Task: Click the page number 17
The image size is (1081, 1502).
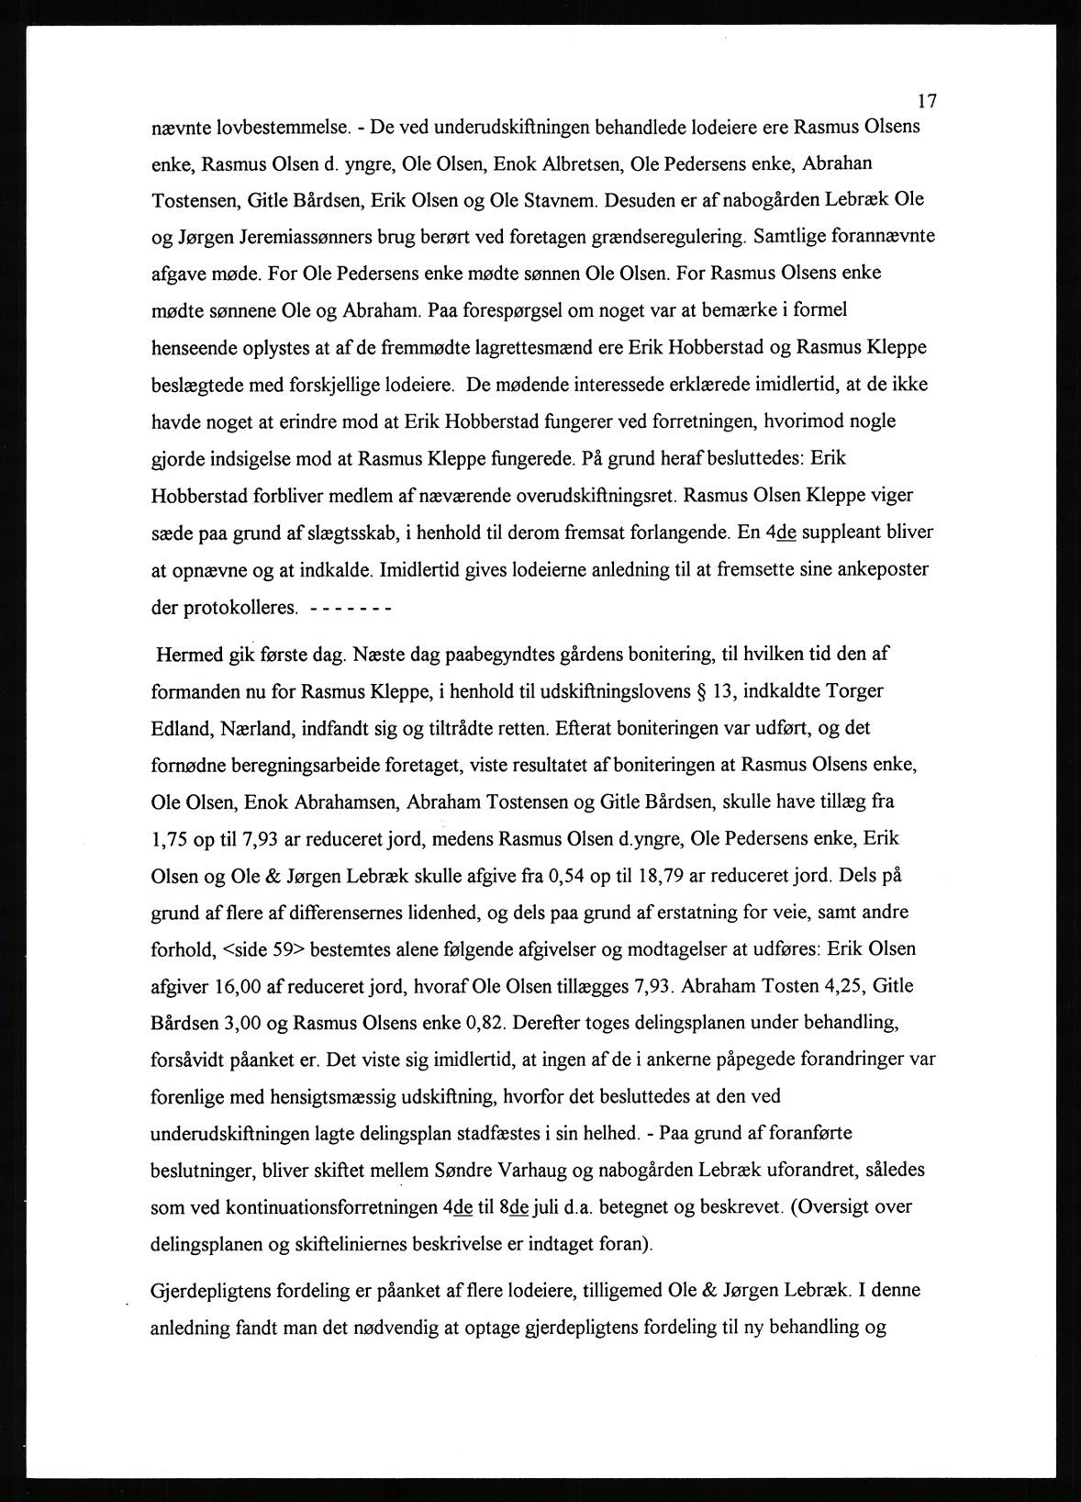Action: (925, 101)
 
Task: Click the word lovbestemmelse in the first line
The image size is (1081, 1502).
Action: (266, 127)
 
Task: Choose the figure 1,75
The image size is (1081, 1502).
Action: (171, 838)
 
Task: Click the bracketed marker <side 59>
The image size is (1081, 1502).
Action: (259, 948)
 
